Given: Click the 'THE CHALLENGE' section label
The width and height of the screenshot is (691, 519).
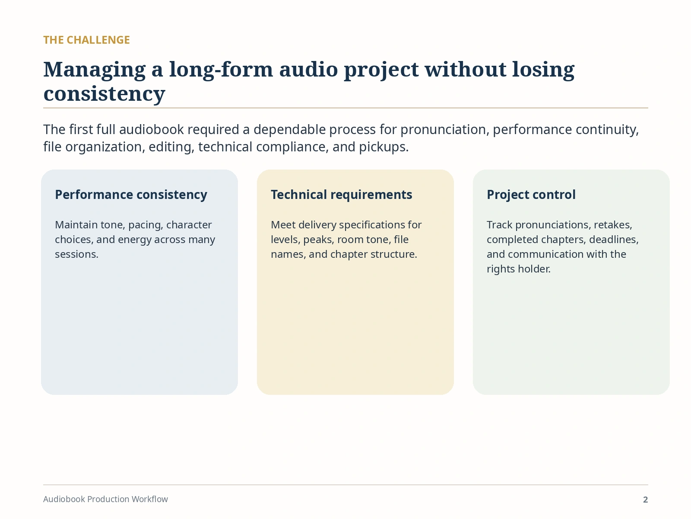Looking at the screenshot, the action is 86,40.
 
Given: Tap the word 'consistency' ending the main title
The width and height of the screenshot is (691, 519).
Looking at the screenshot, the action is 104,94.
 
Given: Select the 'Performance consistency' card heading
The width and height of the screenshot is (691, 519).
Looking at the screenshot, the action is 131,195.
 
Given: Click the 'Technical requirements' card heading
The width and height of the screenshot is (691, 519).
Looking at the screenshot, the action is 341,195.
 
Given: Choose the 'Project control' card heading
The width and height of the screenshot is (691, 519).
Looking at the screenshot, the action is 531,195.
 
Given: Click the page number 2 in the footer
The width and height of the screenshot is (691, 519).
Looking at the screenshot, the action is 645,500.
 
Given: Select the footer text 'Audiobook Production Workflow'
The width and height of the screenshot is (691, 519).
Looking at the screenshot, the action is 105,499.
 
